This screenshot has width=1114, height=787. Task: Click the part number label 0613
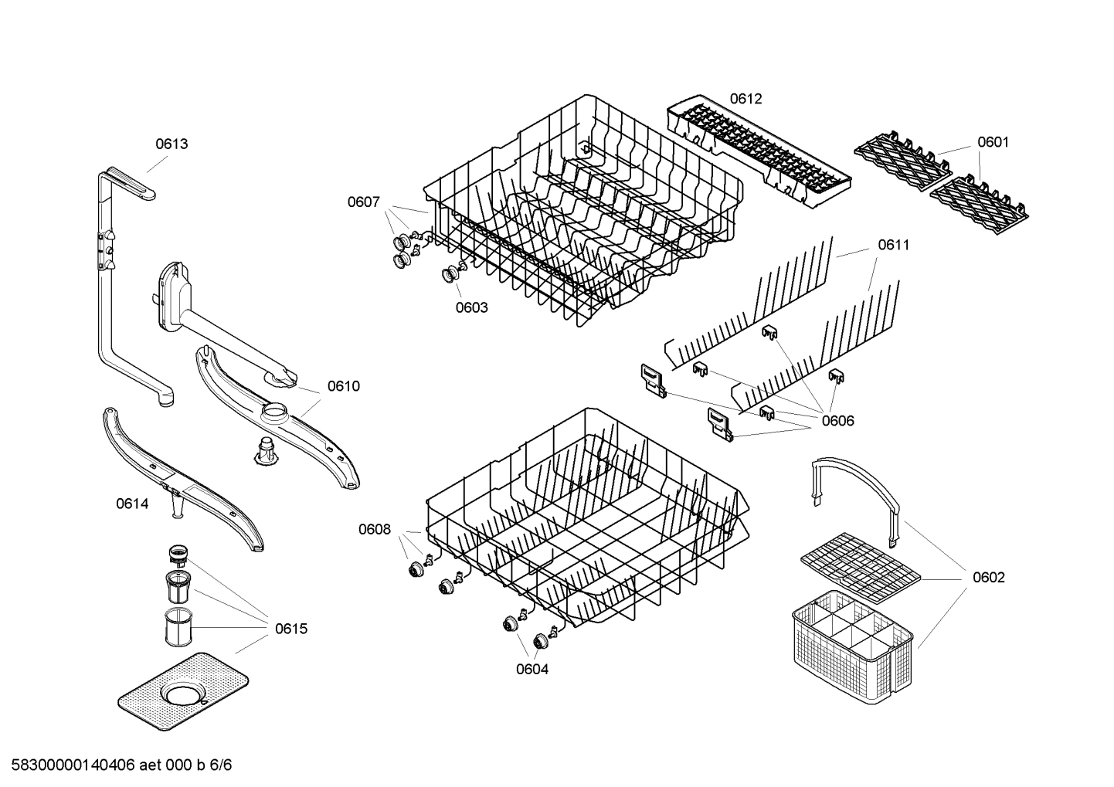tap(172, 144)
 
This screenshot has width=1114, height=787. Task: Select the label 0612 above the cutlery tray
tap(745, 99)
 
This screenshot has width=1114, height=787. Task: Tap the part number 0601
tap(993, 142)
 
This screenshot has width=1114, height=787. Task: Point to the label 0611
tap(893, 245)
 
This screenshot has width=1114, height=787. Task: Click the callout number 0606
tap(837, 421)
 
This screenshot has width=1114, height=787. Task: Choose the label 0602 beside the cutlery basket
tap(988, 578)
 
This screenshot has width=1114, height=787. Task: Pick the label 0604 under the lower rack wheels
tap(532, 670)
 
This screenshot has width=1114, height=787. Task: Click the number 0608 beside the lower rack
tap(374, 529)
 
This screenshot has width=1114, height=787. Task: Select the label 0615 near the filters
tap(291, 629)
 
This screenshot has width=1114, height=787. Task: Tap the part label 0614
tap(132, 504)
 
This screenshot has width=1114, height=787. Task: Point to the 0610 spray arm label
tap(343, 386)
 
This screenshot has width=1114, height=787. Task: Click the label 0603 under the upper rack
tap(471, 307)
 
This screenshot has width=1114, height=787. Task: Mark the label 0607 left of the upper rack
tap(363, 202)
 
